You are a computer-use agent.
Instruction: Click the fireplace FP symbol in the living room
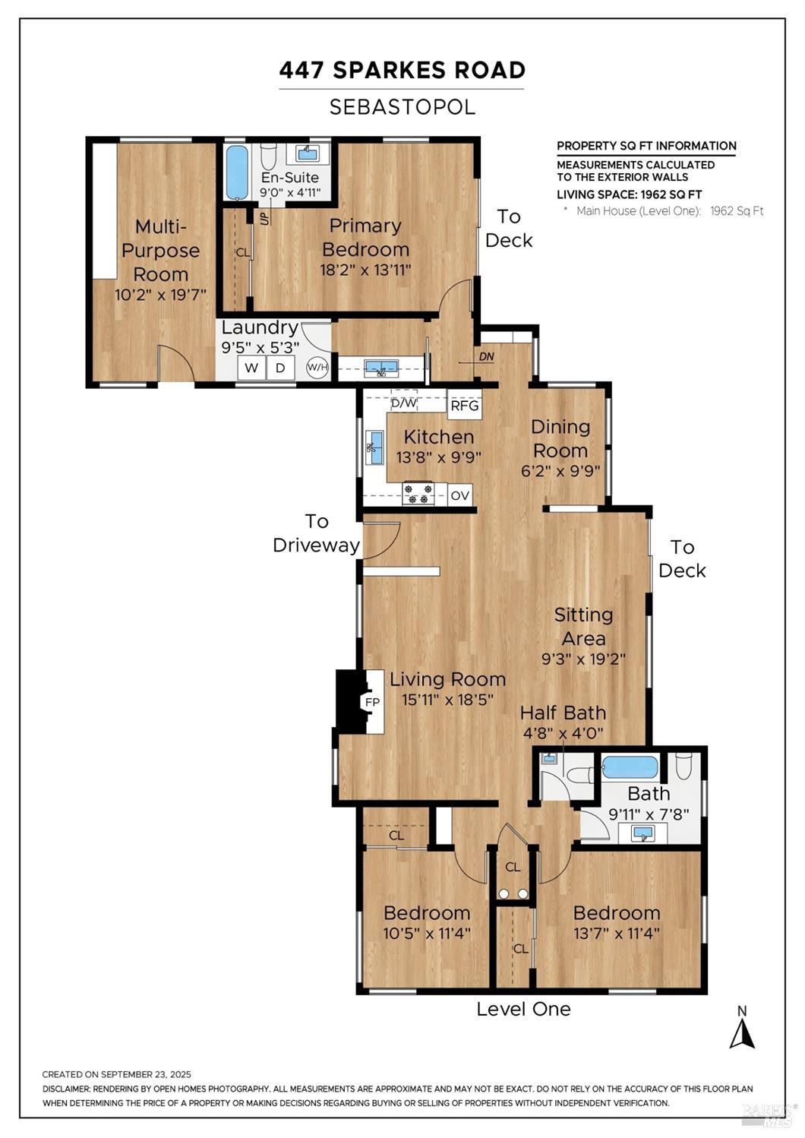[x=371, y=702]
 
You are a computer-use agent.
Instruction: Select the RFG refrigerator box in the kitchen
[x=465, y=406]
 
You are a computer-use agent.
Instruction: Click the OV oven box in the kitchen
[x=459, y=495]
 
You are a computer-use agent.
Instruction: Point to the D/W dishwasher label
[x=404, y=403]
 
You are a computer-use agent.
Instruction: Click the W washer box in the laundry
[x=251, y=368]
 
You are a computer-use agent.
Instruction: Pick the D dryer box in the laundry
[x=280, y=368]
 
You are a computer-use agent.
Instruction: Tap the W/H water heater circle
[x=317, y=368]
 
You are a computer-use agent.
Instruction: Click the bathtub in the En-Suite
[x=237, y=172]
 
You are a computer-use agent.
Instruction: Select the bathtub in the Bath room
[x=630, y=767]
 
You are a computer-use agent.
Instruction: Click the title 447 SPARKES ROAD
[x=402, y=70]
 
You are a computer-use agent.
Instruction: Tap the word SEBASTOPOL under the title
[x=402, y=107]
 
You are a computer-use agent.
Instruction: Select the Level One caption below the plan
[x=523, y=1009]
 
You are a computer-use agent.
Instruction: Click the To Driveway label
[x=317, y=533]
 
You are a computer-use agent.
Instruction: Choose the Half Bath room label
[x=563, y=713]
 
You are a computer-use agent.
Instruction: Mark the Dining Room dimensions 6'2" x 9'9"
[x=560, y=471]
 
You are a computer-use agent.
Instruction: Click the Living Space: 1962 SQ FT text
[x=629, y=194]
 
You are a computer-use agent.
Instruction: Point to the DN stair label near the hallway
[x=486, y=356]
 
